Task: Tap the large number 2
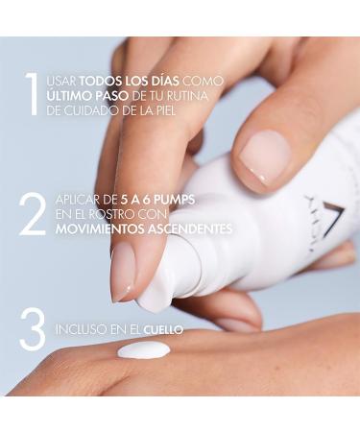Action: pyautogui.click(x=32, y=216)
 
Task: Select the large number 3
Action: pyautogui.click(x=32, y=329)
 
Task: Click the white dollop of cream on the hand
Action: pyautogui.click(x=143, y=351)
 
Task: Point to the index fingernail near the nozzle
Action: pyautogui.click(x=123, y=274)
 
